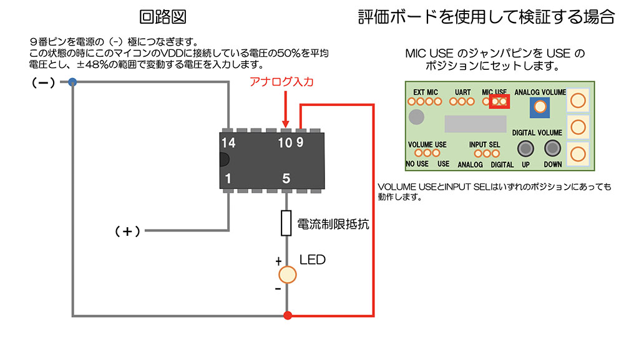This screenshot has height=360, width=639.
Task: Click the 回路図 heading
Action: point(163,17)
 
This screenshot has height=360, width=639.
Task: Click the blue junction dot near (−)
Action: point(72,82)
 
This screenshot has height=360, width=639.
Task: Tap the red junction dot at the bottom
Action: point(287,315)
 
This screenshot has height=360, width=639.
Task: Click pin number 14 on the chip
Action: point(228,143)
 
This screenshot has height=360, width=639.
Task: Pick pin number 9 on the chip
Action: point(301,143)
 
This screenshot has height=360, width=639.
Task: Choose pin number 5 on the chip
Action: point(286,178)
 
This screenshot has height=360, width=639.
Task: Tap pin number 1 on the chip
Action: point(228,178)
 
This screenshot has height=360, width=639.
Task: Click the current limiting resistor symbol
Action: point(286,223)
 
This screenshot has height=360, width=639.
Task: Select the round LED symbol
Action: point(287,275)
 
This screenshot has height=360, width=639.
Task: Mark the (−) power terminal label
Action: point(44,82)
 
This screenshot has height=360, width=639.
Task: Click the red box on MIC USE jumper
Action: point(499,100)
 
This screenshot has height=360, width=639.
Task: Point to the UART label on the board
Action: point(463,92)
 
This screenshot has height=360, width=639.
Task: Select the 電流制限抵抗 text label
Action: point(333,224)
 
